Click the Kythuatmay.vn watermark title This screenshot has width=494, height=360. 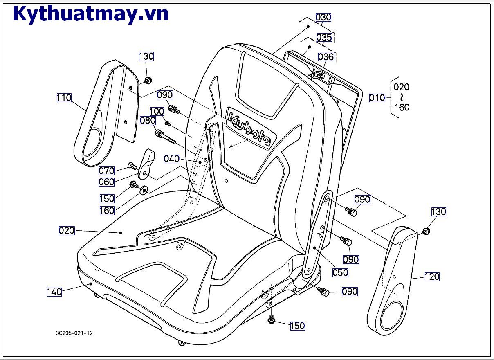[x=91, y=14]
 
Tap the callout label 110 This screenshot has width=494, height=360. [x=64, y=98]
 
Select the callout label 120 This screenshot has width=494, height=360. [x=432, y=277]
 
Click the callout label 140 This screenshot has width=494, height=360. [x=54, y=292]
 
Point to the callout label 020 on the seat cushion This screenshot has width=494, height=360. [x=67, y=231]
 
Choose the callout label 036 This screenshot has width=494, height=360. [x=326, y=57]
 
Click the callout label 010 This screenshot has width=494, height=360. [x=377, y=98]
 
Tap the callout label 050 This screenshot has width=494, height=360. [x=340, y=272]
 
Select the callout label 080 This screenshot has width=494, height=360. [x=148, y=120]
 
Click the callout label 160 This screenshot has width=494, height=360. [x=107, y=211]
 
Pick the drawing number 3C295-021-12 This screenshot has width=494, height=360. [x=74, y=333]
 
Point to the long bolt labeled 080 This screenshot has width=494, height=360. [x=165, y=137]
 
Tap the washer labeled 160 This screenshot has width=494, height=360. [x=144, y=190]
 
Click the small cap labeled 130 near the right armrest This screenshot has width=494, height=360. [x=426, y=232]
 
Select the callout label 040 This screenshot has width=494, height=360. [x=172, y=159]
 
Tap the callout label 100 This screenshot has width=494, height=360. [x=157, y=111]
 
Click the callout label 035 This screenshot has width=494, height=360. [x=324, y=37]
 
